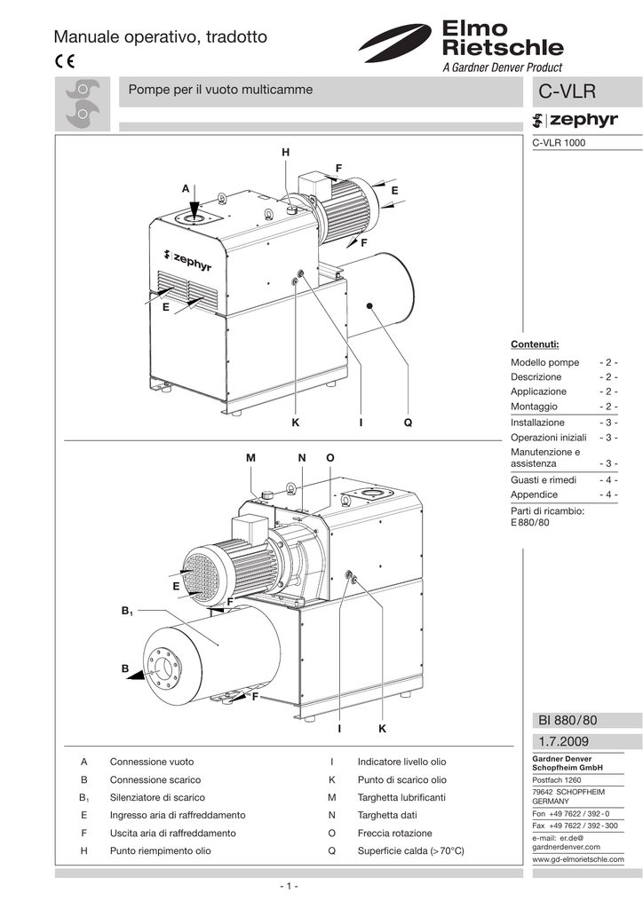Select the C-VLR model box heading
[x=567, y=92]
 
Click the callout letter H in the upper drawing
[x=285, y=154]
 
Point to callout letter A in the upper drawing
[x=186, y=188]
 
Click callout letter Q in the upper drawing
[x=408, y=423]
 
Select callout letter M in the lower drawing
[x=250, y=457]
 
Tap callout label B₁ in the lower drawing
[x=126, y=611]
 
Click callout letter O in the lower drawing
[x=330, y=457]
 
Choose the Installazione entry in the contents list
[x=537, y=423]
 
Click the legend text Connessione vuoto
[x=152, y=763]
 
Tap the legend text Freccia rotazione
[x=394, y=834]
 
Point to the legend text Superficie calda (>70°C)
[x=410, y=851]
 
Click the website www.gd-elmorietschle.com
[x=577, y=860]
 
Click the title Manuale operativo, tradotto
[x=160, y=37]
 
